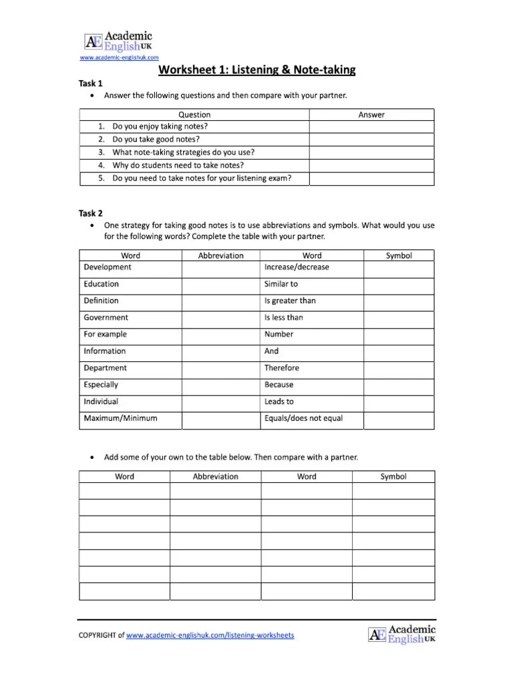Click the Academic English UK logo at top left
tap(118, 41)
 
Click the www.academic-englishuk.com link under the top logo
tap(119, 57)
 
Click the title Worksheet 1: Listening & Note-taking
tap(256, 69)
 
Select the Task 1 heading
tap(91, 83)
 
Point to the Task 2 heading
tap(91, 214)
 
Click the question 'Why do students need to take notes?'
tap(178, 165)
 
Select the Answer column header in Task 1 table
tap(371, 115)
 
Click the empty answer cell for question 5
tap(371, 178)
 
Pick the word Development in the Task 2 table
tap(108, 267)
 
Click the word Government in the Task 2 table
tap(106, 318)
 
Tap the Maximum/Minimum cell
tap(120, 419)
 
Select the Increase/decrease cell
tap(297, 267)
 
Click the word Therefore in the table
tap(282, 368)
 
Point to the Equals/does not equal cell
tap(303, 419)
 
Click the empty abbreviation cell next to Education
tap(220, 285)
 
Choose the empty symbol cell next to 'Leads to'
tap(398, 402)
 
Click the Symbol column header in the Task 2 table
tap(399, 256)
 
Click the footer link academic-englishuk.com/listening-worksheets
tap(210, 635)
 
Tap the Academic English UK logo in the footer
tap(401, 634)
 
